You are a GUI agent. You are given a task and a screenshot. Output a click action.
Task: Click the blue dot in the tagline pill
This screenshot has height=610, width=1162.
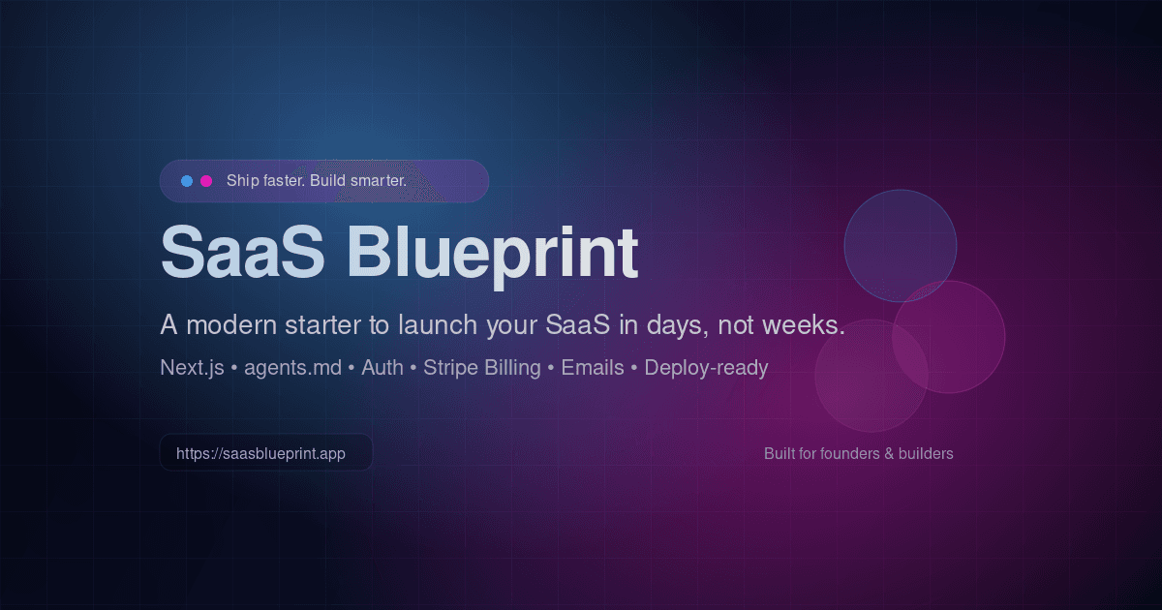[x=187, y=181]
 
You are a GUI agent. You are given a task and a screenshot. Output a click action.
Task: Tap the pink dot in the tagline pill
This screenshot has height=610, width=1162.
[x=206, y=181]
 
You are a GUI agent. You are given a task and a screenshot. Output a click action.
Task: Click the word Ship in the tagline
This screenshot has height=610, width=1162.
[x=242, y=181]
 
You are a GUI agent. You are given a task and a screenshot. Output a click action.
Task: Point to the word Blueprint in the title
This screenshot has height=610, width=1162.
[x=492, y=253]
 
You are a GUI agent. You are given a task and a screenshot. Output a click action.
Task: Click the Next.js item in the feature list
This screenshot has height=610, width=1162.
[x=192, y=368]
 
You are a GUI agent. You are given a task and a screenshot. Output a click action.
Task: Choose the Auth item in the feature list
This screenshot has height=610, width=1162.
[x=382, y=368]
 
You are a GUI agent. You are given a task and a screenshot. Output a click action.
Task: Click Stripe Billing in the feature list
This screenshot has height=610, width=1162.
[x=481, y=368]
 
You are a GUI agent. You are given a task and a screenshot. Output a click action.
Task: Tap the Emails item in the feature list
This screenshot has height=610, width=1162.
[x=593, y=368]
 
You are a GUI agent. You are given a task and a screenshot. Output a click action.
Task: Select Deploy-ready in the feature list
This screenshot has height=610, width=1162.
[x=706, y=368]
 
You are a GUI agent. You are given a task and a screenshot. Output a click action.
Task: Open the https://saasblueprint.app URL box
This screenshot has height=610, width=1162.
[x=265, y=452]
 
